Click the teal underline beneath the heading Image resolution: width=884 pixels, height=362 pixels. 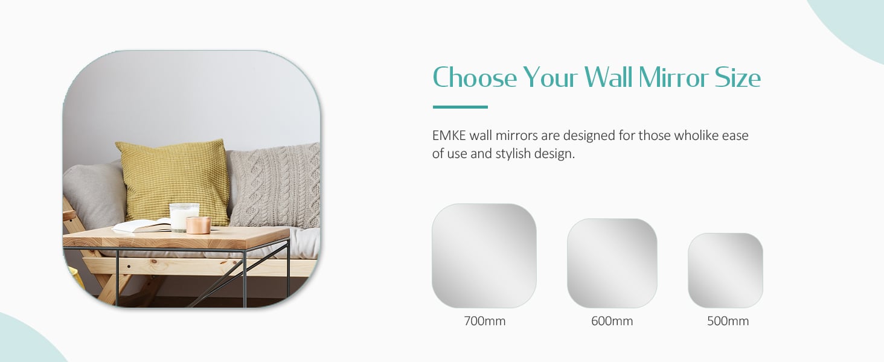[x=460, y=107]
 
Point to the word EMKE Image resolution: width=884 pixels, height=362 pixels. [x=449, y=136]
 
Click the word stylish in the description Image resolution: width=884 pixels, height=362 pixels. [x=513, y=154]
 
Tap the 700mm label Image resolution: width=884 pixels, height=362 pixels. [x=485, y=321]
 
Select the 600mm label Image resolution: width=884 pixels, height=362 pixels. [x=612, y=321]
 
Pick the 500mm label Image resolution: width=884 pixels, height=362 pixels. [x=728, y=321]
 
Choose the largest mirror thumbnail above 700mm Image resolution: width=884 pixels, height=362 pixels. [x=484, y=256]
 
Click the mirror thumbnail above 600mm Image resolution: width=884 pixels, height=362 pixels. [x=612, y=263]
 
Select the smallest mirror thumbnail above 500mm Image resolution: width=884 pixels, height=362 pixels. [x=725, y=270]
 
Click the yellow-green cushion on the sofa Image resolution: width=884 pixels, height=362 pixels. [x=175, y=182]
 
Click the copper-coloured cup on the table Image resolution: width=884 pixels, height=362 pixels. [x=198, y=225]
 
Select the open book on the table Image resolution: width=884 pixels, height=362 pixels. [x=142, y=226]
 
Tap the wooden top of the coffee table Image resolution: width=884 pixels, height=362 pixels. [x=176, y=237]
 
